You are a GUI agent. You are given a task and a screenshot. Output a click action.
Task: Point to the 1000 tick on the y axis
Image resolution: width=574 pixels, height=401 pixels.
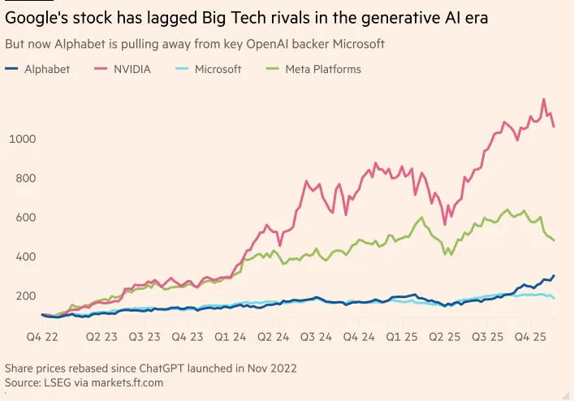coord(24,139)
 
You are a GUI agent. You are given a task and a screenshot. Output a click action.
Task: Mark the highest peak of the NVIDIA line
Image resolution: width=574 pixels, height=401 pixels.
coord(543,100)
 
